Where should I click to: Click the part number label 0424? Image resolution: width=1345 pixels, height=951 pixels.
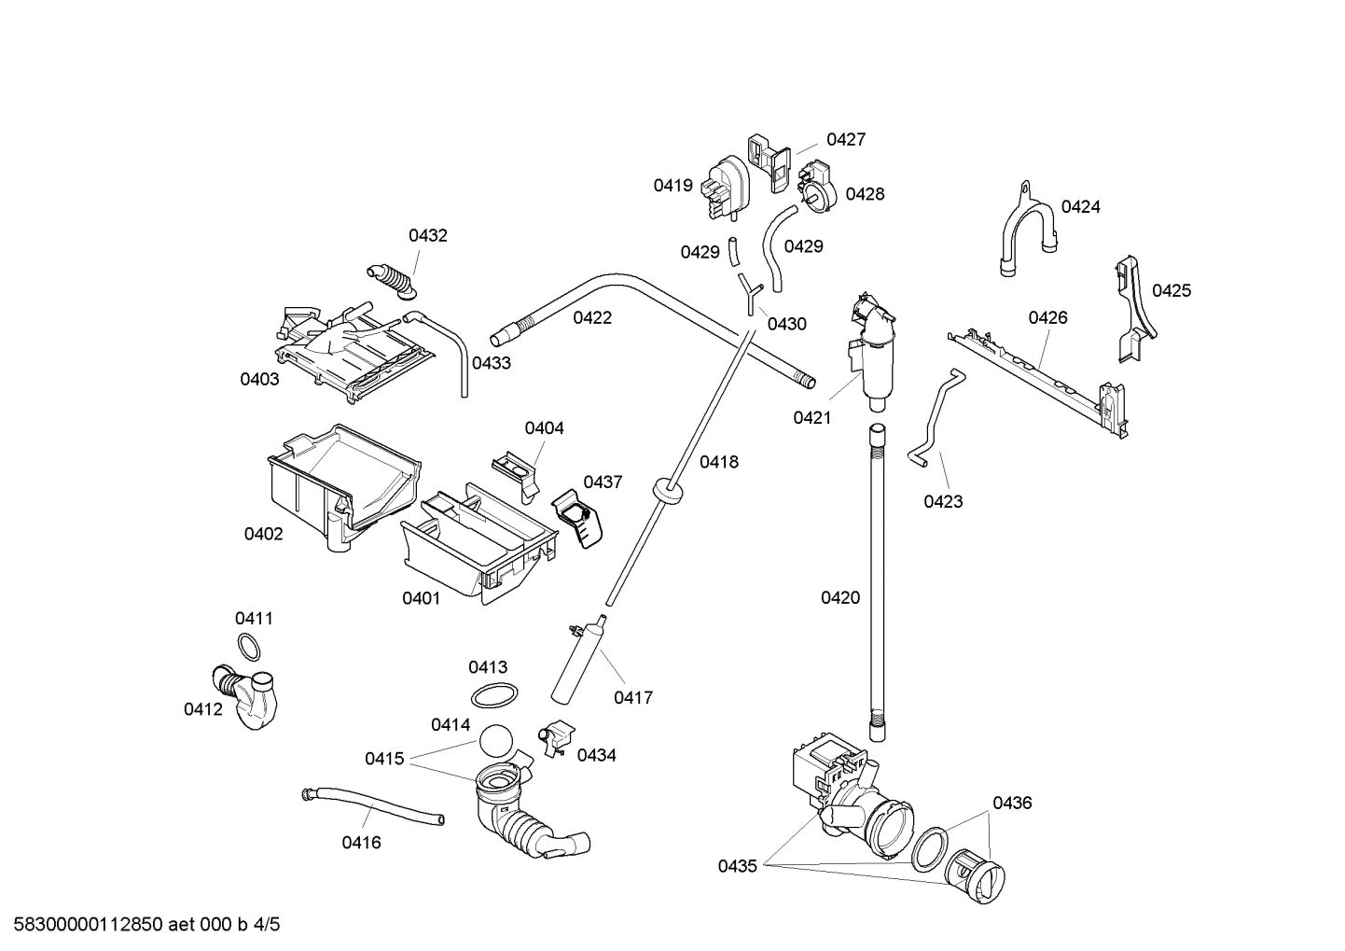(x=1080, y=207)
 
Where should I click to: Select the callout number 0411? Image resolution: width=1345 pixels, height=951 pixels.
(x=254, y=618)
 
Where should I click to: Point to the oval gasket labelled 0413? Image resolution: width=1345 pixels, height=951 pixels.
(x=494, y=695)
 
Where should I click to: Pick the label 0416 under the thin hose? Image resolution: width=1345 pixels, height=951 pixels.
(x=361, y=843)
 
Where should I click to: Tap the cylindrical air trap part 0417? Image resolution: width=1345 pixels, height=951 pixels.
(x=579, y=664)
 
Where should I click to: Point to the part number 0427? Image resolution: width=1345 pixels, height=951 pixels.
(x=846, y=140)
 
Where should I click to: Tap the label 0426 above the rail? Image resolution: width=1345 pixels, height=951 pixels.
(x=1047, y=317)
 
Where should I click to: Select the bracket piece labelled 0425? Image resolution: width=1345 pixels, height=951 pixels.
(x=1132, y=308)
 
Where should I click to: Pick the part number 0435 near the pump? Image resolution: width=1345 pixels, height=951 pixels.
(x=737, y=866)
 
